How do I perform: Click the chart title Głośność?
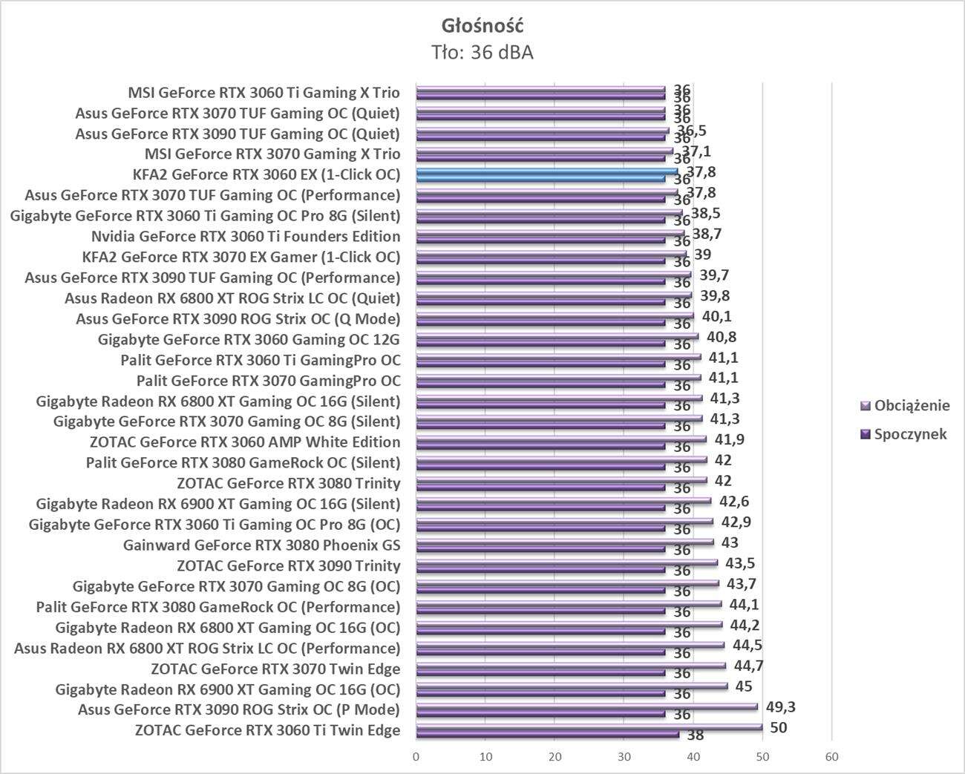click(482, 25)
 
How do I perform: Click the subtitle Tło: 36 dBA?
click(482, 53)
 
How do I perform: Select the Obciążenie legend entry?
click(912, 406)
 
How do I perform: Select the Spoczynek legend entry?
click(910, 434)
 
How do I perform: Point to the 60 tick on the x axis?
click(831, 757)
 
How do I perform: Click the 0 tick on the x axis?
click(416, 757)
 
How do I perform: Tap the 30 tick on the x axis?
click(624, 757)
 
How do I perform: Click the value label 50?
click(778, 727)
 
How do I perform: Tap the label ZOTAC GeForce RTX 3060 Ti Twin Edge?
click(267, 730)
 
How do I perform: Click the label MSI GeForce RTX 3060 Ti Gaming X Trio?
click(264, 93)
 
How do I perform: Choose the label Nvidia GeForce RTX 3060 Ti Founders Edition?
click(246, 237)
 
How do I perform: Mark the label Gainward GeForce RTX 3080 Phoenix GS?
click(261, 545)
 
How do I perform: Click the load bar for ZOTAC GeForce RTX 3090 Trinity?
click(566, 563)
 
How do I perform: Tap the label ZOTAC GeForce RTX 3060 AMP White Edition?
click(244, 442)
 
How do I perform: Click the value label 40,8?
click(721, 336)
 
